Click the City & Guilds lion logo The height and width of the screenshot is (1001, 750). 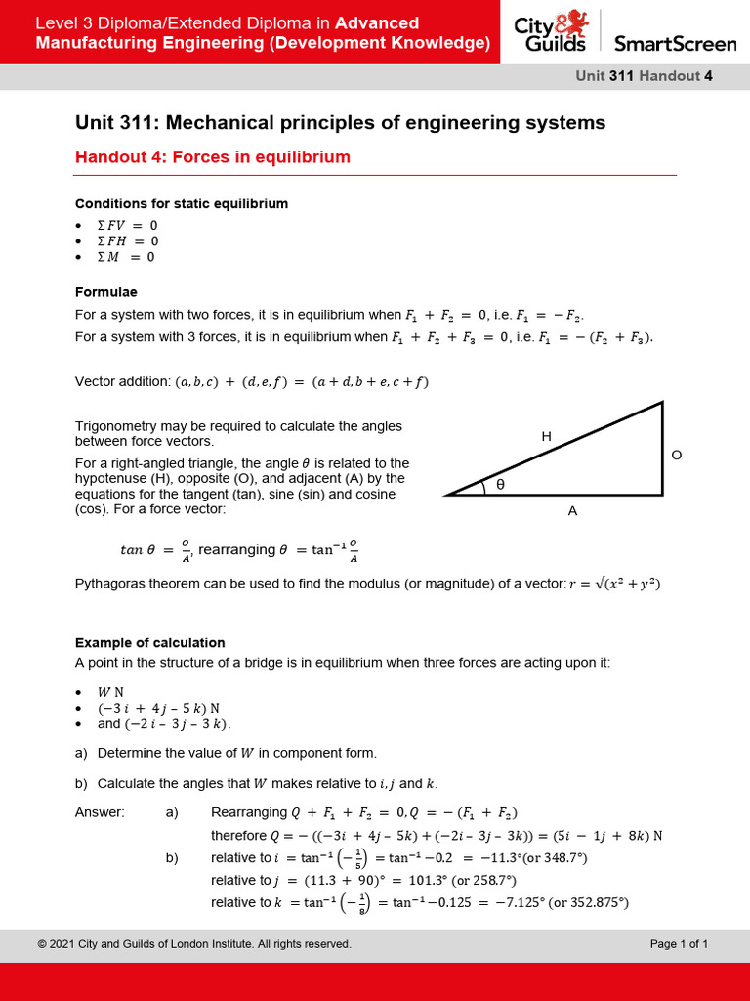[x=551, y=31]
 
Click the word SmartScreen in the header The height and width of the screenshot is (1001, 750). [x=674, y=43]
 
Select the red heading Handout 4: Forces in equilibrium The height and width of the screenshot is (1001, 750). [x=212, y=157]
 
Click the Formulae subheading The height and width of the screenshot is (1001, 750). [x=105, y=292]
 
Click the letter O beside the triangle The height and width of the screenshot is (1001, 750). [x=676, y=455]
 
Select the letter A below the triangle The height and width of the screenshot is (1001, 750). [x=572, y=509]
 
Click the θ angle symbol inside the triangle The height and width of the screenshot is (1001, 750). [x=500, y=484]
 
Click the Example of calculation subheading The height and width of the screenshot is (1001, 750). [x=149, y=642]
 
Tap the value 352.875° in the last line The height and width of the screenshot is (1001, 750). [x=589, y=902]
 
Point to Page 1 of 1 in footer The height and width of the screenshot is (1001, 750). [x=679, y=943]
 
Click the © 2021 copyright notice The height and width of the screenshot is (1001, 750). [x=193, y=943]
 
